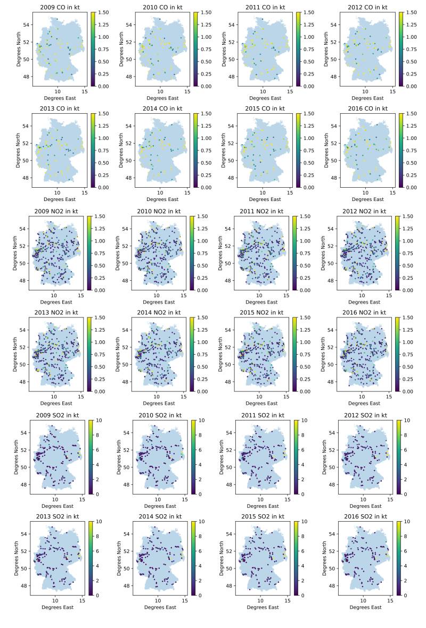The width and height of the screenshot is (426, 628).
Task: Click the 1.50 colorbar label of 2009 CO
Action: tap(104, 12)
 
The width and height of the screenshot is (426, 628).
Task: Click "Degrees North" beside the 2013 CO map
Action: tap(19, 149)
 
